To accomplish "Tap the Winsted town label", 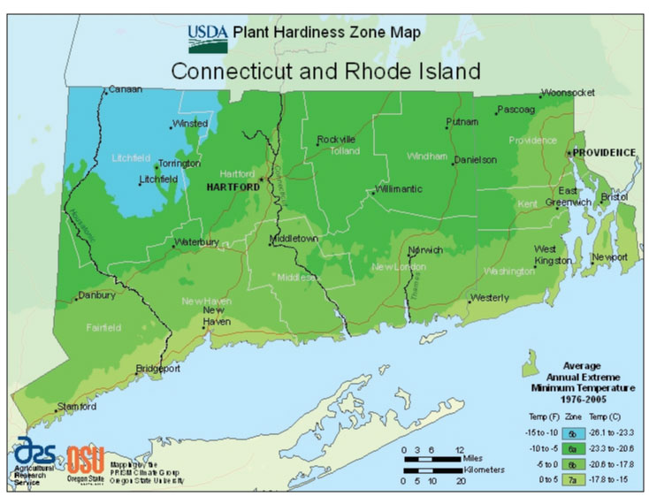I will (190, 124).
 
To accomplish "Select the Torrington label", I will (181, 164).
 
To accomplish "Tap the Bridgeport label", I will (158, 367).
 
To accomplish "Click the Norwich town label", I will (426, 249).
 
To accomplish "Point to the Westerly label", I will (490, 297).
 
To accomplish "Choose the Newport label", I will (610, 257).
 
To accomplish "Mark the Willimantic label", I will (399, 188).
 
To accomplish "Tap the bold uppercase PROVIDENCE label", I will (604, 152).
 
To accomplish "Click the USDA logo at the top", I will (208, 37).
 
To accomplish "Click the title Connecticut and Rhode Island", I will (325, 71).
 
